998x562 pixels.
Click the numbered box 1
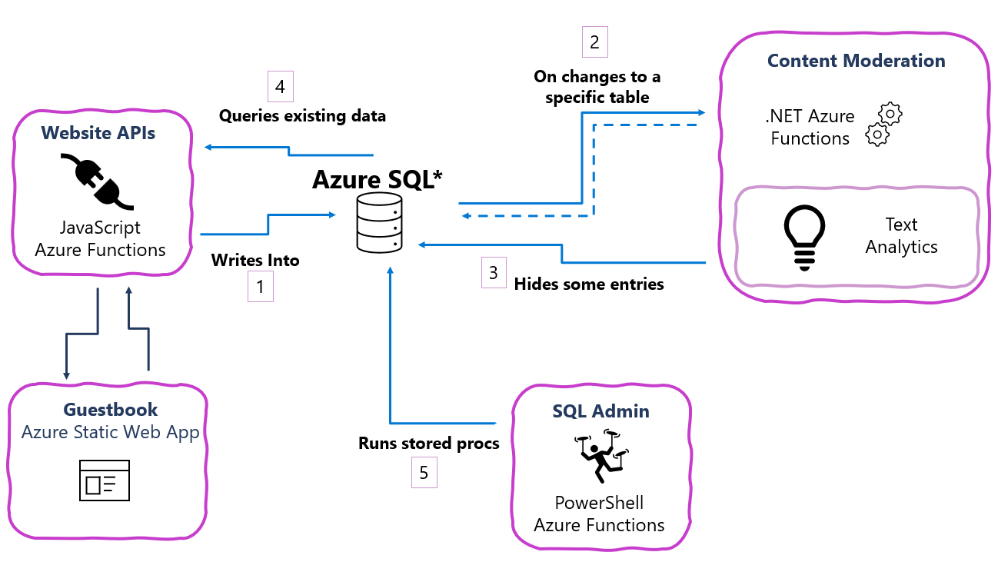point(260,288)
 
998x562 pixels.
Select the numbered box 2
point(594,42)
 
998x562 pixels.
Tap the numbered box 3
point(494,273)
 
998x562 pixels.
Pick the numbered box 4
point(280,87)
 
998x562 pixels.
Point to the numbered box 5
point(424,473)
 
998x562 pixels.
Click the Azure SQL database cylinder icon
point(379,222)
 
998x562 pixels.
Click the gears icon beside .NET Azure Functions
point(883,124)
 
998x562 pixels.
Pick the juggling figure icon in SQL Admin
point(600,458)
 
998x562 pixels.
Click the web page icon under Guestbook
point(105,480)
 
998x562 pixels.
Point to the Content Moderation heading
point(856,61)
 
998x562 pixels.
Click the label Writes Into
point(255,260)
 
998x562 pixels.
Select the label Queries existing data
point(302,116)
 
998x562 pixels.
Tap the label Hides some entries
point(588,284)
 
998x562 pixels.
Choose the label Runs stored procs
point(428,444)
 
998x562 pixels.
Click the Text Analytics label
point(901,235)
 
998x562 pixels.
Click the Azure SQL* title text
point(377,179)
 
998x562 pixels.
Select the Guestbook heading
point(110,409)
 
